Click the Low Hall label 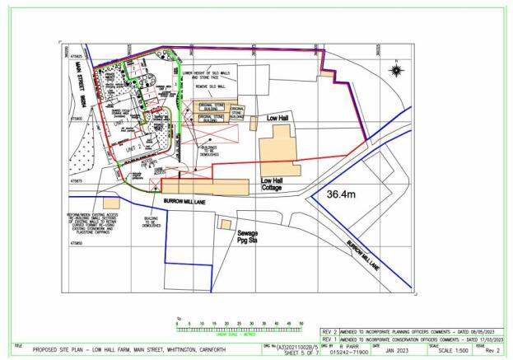[x=279, y=119]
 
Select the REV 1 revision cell [x=327, y=339]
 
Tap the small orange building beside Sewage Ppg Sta [x=224, y=223]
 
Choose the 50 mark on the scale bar [x=301, y=323]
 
